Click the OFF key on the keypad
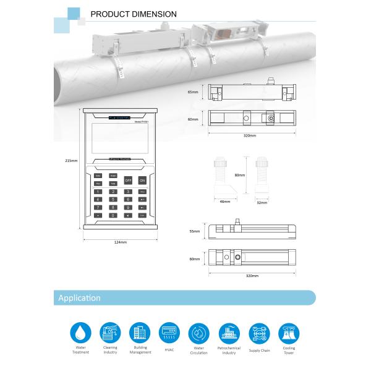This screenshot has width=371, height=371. [x=128, y=181]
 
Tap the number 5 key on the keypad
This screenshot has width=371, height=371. [x=113, y=200]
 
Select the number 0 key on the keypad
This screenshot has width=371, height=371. [x=113, y=215]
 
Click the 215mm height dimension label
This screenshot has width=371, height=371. [x=71, y=161]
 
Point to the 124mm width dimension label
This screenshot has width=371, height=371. [x=121, y=242]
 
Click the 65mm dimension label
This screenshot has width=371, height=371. [x=194, y=92]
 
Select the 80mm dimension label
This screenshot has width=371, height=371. [x=241, y=176]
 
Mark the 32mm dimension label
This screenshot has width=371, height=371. [x=262, y=202]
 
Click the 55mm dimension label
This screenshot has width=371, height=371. [x=194, y=231]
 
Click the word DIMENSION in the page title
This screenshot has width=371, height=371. [x=156, y=14]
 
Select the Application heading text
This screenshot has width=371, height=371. [x=79, y=298]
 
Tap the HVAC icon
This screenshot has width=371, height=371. [x=169, y=332]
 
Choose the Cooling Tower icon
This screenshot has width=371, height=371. [x=288, y=332]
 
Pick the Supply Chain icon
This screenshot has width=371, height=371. [x=258, y=332]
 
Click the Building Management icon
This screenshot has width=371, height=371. [x=140, y=332]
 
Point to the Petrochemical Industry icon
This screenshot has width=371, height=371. [x=229, y=332]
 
